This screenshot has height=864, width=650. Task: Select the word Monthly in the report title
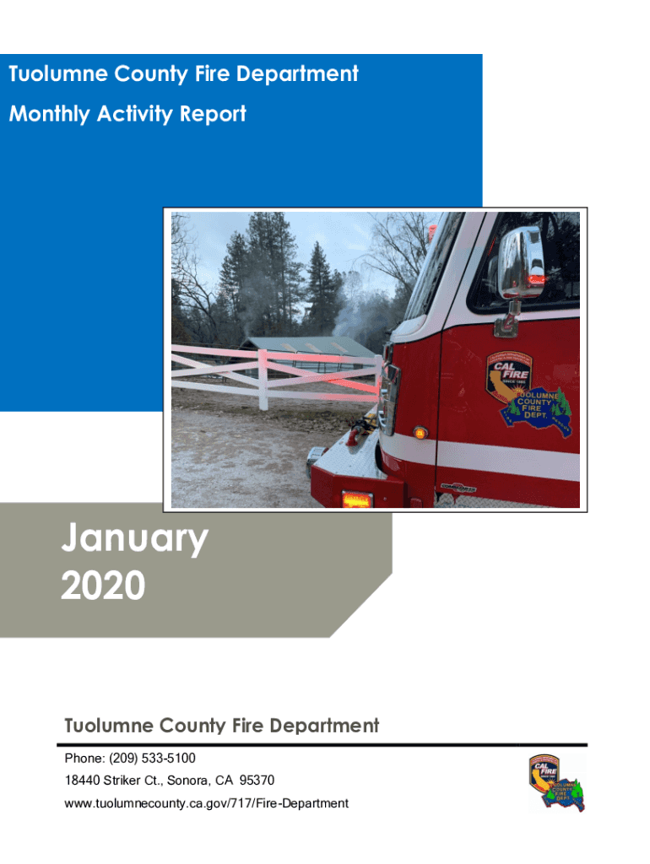tap(49, 114)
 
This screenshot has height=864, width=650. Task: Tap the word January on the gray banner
tap(134, 539)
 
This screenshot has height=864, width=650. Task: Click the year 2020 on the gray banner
tap(103, 586)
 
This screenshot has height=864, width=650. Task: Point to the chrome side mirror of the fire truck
tap(521, 263)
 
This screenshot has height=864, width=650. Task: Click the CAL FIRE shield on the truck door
tap(508, 375)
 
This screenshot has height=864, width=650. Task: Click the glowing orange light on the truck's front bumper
tap(357, 499)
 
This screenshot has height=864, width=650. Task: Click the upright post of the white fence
tap(263, 381)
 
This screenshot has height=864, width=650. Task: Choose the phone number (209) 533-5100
tap(152, 759)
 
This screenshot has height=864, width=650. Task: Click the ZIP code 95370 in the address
tap(257, 780)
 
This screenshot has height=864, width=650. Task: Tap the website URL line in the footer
tap(206, 803)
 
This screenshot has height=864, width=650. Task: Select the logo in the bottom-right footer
tap(555, 783)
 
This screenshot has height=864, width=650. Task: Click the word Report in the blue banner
tap(213, 114)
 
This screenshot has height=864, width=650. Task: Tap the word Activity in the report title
tap(134, 114)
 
